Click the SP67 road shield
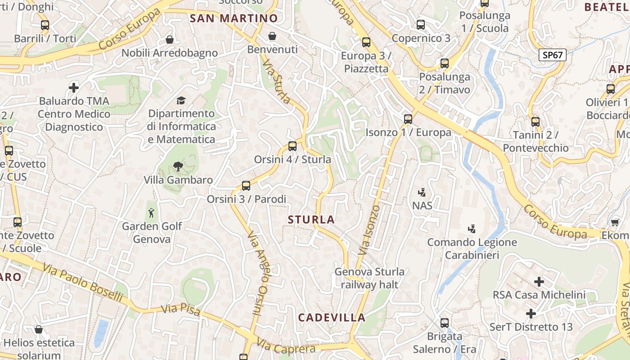pyautogui.click(x=552, y=55)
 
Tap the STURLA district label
pyautogui.click(x=311, y=220)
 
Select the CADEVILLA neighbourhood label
pyautogui.click(x=332, y=317)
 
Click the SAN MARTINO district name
pyautogui.click(x=234, y=18)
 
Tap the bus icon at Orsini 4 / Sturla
pyautogui.click(x=292, y=146)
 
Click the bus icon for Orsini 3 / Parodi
pyautogui.click(x=246, y=185)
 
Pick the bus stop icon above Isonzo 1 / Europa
pyautogui.click(x=408, y=119)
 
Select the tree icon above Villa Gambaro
pyautogui.click(x=178, y=166)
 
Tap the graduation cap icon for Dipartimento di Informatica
pyautogui.click(x=181, y=100)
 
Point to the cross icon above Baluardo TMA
pyautogui.click(x=74, y=87)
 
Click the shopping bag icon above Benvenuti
pyautogui.click(x=272, y=36)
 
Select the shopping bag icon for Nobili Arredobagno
pyautogui.click(x=170, y=40)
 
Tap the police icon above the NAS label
pyautogui.click(x=422, y=193)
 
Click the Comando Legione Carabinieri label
pyautogui.click(x=472, y=249)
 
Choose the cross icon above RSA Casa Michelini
pyautogui.click(x=539, y=282)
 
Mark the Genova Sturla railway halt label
pyautogui.click(x=369, y=278)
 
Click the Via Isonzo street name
pyautogui.click(x=370, y=229)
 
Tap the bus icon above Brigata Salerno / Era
pyautogui.click(x=445, y=323)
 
